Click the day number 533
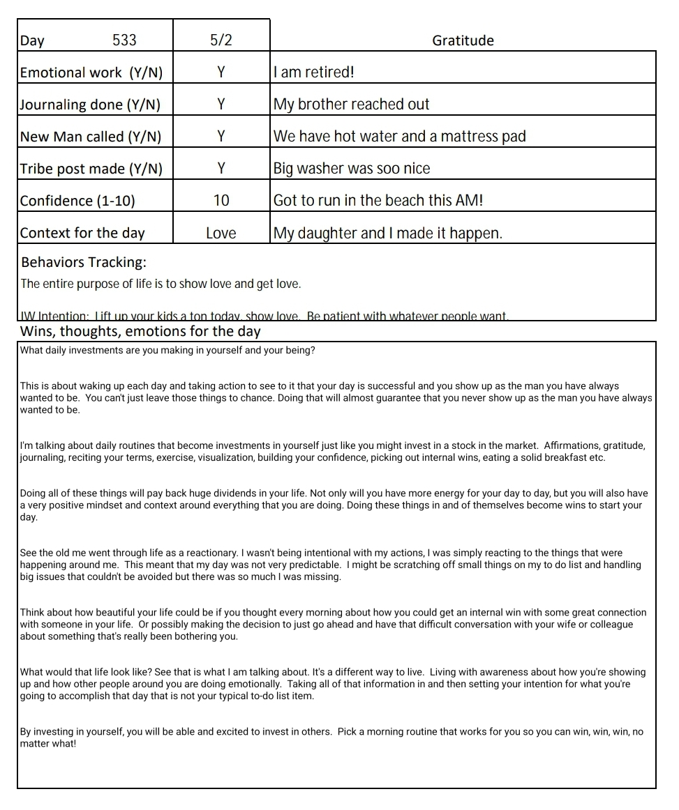tap(124, 40)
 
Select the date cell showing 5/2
tap(221, 40)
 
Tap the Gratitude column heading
tap(463, 40)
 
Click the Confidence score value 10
tap(221, 201)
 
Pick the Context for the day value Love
tap(221, 234)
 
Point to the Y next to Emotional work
tap(221, 72)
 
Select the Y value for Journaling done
tap(221, 105)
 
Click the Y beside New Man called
tap(221, 137)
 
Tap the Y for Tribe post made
tap(221, 169)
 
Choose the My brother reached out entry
tap(351, 105)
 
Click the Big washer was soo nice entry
tap(352, 169)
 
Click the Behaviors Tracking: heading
tap(84, 263)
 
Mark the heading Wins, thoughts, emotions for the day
tap(140, 331)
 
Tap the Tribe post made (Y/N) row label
tap(91, 169)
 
